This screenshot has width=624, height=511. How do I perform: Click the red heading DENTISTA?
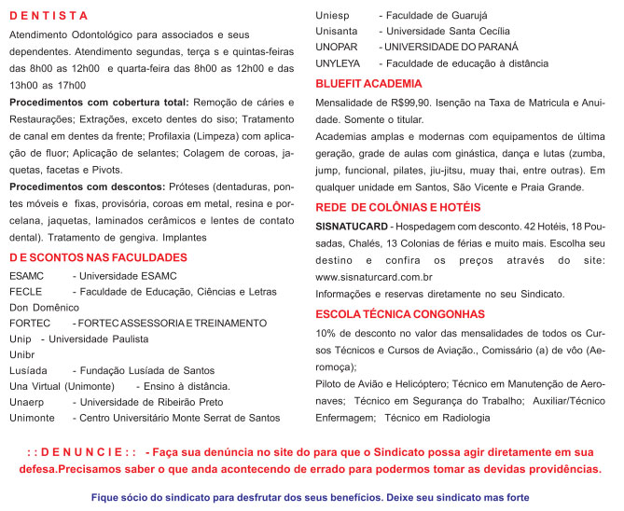click(x=49, y=16)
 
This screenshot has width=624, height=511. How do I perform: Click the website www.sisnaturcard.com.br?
click(x=374, y=277)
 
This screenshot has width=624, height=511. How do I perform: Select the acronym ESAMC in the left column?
click(x=26, y=277)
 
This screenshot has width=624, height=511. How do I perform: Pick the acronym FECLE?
click(x=25, y=292)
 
